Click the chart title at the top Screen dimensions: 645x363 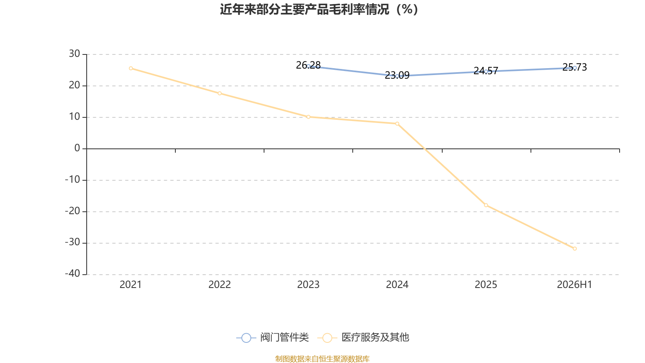pyautogui.click(x=319, y=10)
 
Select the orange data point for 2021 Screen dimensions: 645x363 pyautogui.click(x=131, y=68)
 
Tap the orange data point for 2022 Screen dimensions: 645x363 pyautogui.click(x=220, y=93)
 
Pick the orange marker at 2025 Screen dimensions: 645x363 pyautogui.click(x=486, y=205)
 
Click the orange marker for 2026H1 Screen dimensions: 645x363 pyautogui.click(x=575, y=248)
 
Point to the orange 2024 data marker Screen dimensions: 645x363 pyautogui.click(x=397, y=123)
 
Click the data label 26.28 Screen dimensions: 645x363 pyautogui.click(x=308, y=65)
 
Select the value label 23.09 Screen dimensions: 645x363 pyautogui.click(x=397, y=75)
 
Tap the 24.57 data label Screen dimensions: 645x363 pyautogui.click(x=486, y=71)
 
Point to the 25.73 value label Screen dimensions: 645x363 pyautogui.click(x=574, y=67)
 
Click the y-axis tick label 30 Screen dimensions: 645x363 pyautogui.click(x=74, y=54)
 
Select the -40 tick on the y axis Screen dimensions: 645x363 pyautogui.click(x=73, y=273)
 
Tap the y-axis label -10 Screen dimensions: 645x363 pyautogui.click(x=73, y=179)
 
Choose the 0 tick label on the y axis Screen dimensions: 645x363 pyautogui.click(x=77, y=148)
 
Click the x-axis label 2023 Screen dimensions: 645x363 pyautogui.click(x=308, y=285)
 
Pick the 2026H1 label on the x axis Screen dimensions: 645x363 pyautogui.click(x=574, y=285)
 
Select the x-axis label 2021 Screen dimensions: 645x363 pyautogui.click(x=131, y=285)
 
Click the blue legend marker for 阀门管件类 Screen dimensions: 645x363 pyautogui.click(x=246, y=338)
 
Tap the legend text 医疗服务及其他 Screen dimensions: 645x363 pyautogui.click(x=375, y=337)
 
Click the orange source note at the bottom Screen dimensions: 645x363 pyautogui.click(x=322, y=359)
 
